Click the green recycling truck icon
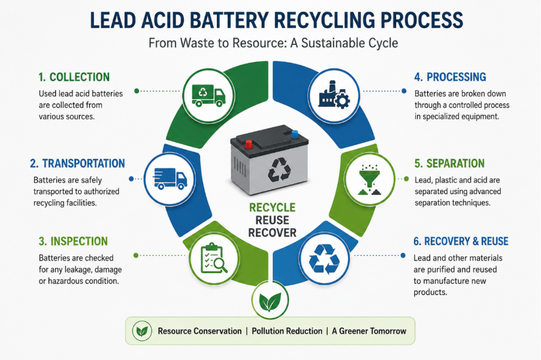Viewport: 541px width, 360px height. (208, 95)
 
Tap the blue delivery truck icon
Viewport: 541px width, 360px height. (170, 179)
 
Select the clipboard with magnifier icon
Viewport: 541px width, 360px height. (214, 259)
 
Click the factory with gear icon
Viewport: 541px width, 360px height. (334, 95)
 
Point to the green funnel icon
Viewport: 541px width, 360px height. (370, 179)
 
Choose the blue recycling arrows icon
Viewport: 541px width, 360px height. (324, 259)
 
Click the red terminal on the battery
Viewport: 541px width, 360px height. (249, 144)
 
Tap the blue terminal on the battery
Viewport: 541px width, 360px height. (295, 134)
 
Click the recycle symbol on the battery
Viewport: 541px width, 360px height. (279, 170)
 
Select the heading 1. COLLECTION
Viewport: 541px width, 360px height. (74, 77)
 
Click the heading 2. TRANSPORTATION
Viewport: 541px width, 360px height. (77, 164)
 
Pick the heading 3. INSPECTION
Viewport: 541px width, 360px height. (73, 241)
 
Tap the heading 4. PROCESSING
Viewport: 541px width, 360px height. (450, 77)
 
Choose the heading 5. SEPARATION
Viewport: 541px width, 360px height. (449, 164)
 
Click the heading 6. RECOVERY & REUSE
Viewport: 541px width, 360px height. (461, 241)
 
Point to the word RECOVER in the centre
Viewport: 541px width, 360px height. (272, 233)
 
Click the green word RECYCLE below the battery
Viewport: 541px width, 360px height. (272, 208)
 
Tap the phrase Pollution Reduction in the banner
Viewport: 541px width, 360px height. (287, 331)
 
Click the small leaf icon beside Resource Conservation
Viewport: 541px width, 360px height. (142, 331)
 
